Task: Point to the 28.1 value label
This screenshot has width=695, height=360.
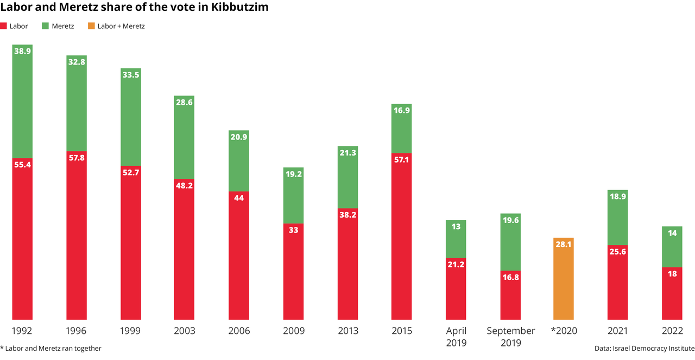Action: click(x=564, y=244)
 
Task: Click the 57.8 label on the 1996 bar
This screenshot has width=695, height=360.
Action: click(x=77, y=157)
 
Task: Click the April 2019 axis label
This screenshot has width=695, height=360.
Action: click(x=456, y=337)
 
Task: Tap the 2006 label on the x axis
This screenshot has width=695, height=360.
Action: click(x=239, y=331)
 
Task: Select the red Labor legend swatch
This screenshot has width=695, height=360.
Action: click(x=3, y=26)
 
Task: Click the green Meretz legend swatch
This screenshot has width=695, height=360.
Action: click(x=46, y=26)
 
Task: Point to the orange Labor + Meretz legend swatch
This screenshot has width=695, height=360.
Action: click(x=91, y=26)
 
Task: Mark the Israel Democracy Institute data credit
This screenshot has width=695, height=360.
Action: click(x=645, y=348)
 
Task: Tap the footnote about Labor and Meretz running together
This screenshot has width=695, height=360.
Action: click(x=50, y=348)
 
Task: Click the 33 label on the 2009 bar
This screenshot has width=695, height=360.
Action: click(x=293, y=230)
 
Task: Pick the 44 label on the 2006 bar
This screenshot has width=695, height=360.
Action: click(x=239, y=198)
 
